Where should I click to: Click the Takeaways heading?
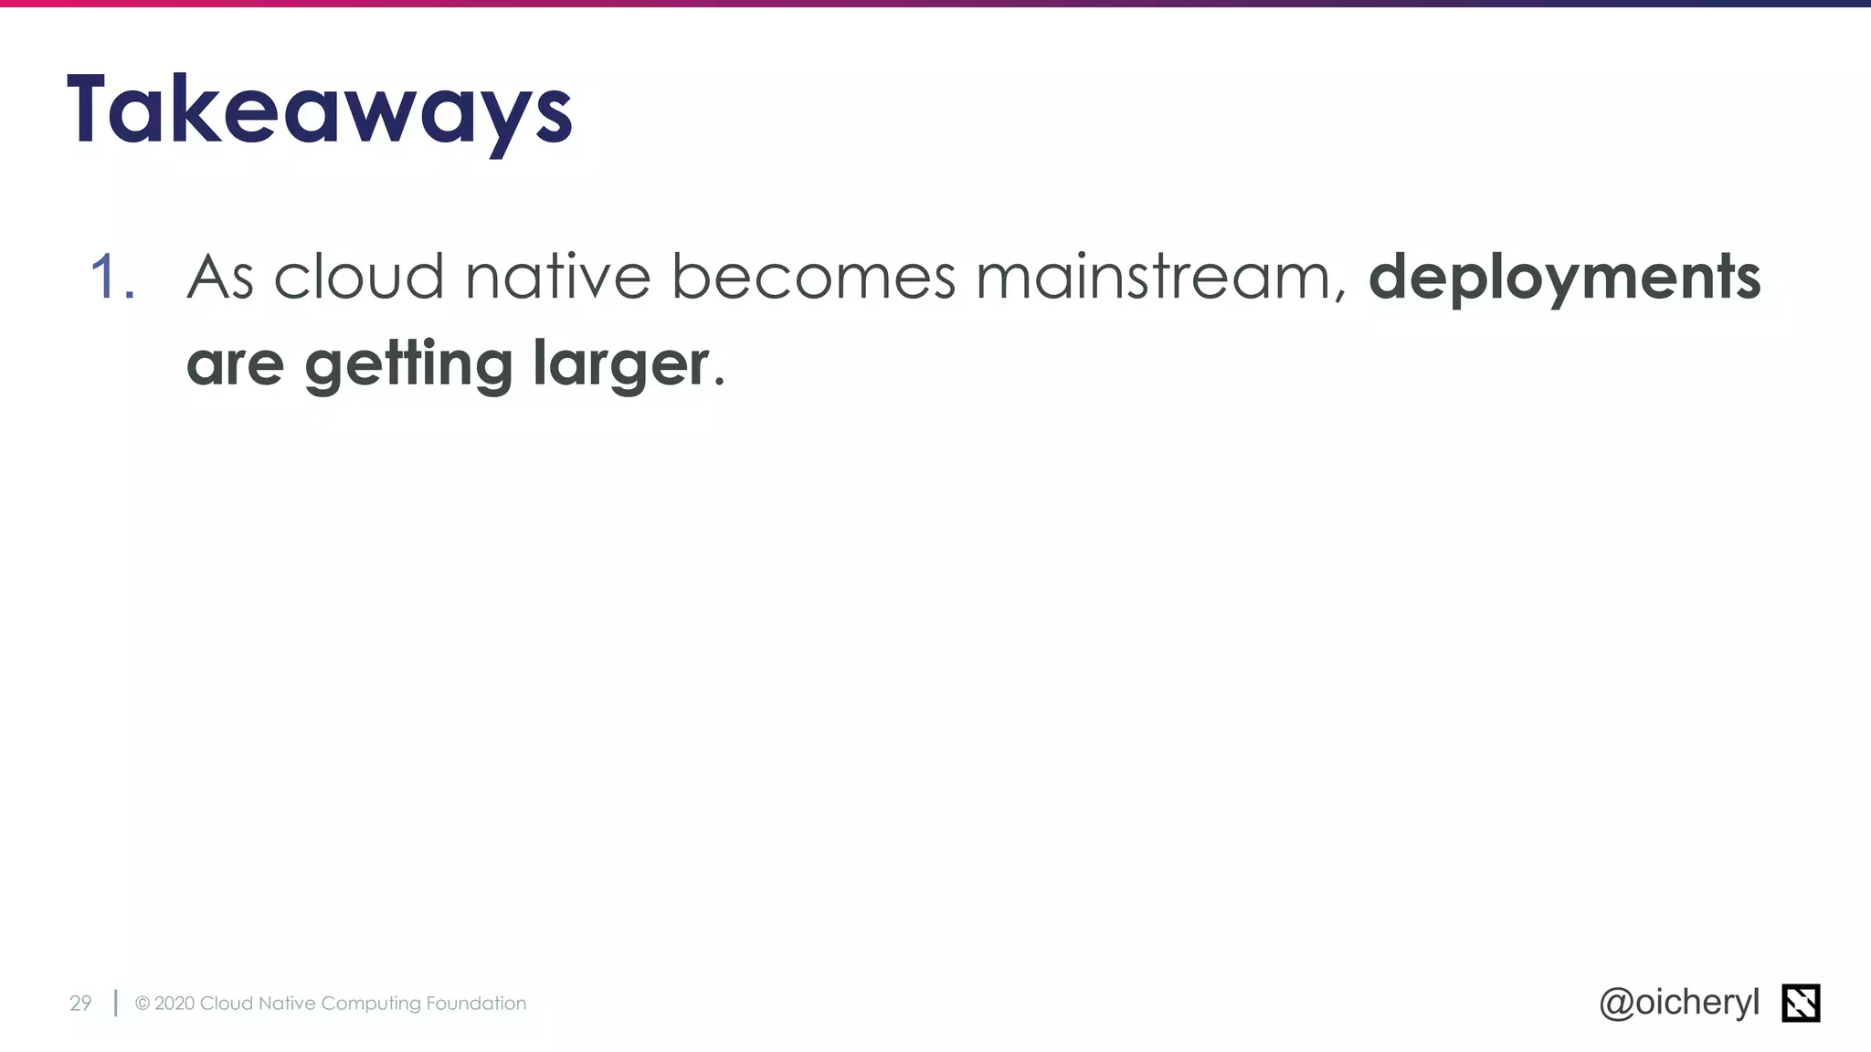(320, 110)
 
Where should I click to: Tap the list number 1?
(111, 276)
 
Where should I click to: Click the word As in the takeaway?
(219, 276)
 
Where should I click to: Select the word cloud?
(358, 276)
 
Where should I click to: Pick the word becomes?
(813, 276)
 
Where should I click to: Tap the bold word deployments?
(1564, 278)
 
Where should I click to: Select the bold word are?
(235, 363)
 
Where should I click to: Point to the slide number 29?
(80, 1003)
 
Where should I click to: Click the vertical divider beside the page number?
(115, 1003)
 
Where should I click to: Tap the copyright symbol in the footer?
(143, 1003)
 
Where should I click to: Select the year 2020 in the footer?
(174, 1003)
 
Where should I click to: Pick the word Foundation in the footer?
(476, 1003)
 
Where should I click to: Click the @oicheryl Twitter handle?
(1679, 1003)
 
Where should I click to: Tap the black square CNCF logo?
(1801, 1003)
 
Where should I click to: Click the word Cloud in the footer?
(226, 1003)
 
